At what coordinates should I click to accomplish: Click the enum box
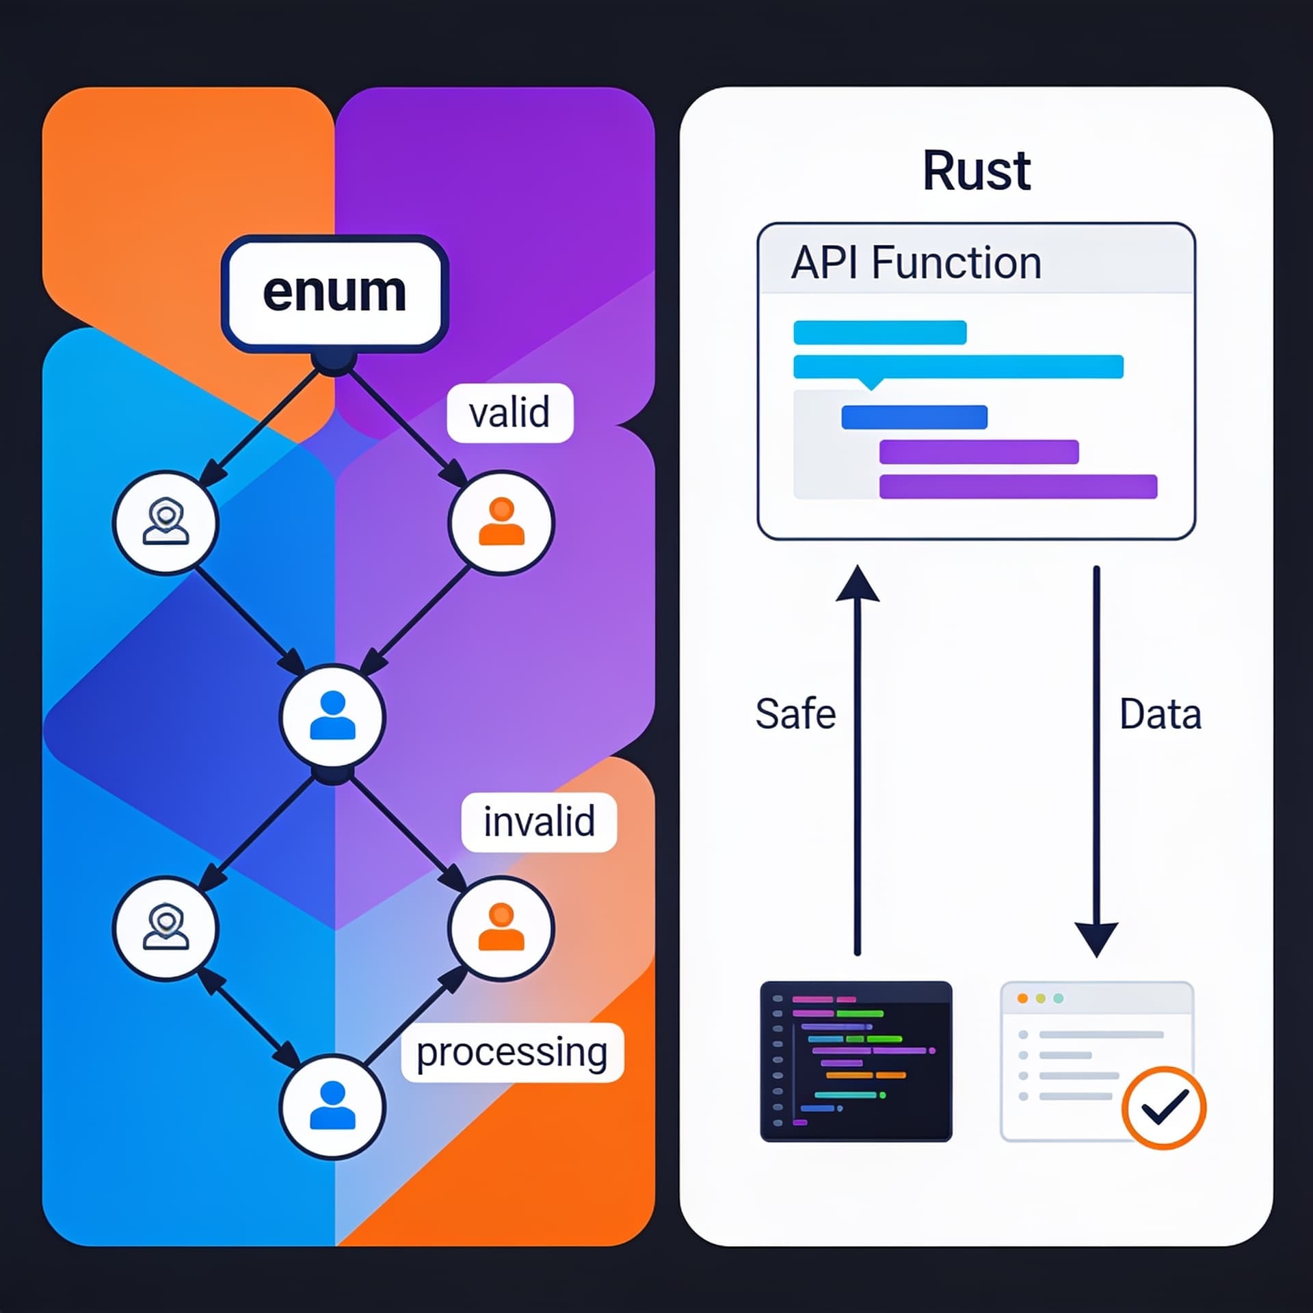(334, 294)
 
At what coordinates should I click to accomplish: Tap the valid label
(509, 412)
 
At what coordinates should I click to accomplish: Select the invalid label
(539, 822)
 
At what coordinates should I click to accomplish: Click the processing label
(512, 1052)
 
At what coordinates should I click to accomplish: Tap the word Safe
(795, 714)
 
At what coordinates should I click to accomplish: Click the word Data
(1160, 715)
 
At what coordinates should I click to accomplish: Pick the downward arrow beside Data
(1096, 761)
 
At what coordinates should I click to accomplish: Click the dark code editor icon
(856, 1061)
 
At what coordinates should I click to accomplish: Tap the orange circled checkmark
(1163, 1107)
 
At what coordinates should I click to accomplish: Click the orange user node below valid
(501, 522)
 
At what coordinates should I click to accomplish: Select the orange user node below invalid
(501, 928)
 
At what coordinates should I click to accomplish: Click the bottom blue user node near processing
(332, 1106)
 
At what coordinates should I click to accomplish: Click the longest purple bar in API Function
(1018, 487)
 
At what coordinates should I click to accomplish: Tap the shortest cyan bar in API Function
(880, 332)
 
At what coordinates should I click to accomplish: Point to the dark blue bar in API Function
(914, 417)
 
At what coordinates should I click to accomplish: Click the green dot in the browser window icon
(1059, 998)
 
